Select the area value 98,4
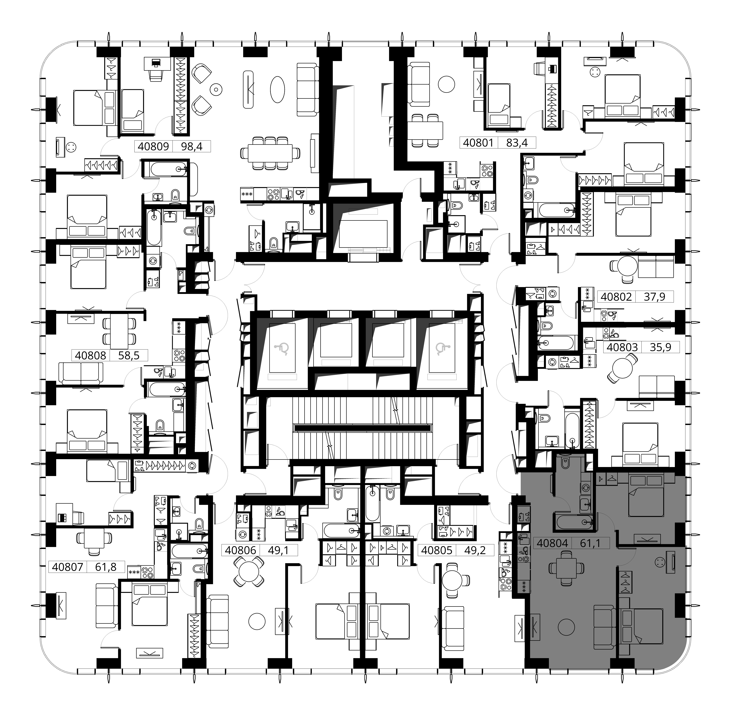point(192,146)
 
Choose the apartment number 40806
point(240,550)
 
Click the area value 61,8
point(106,567)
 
